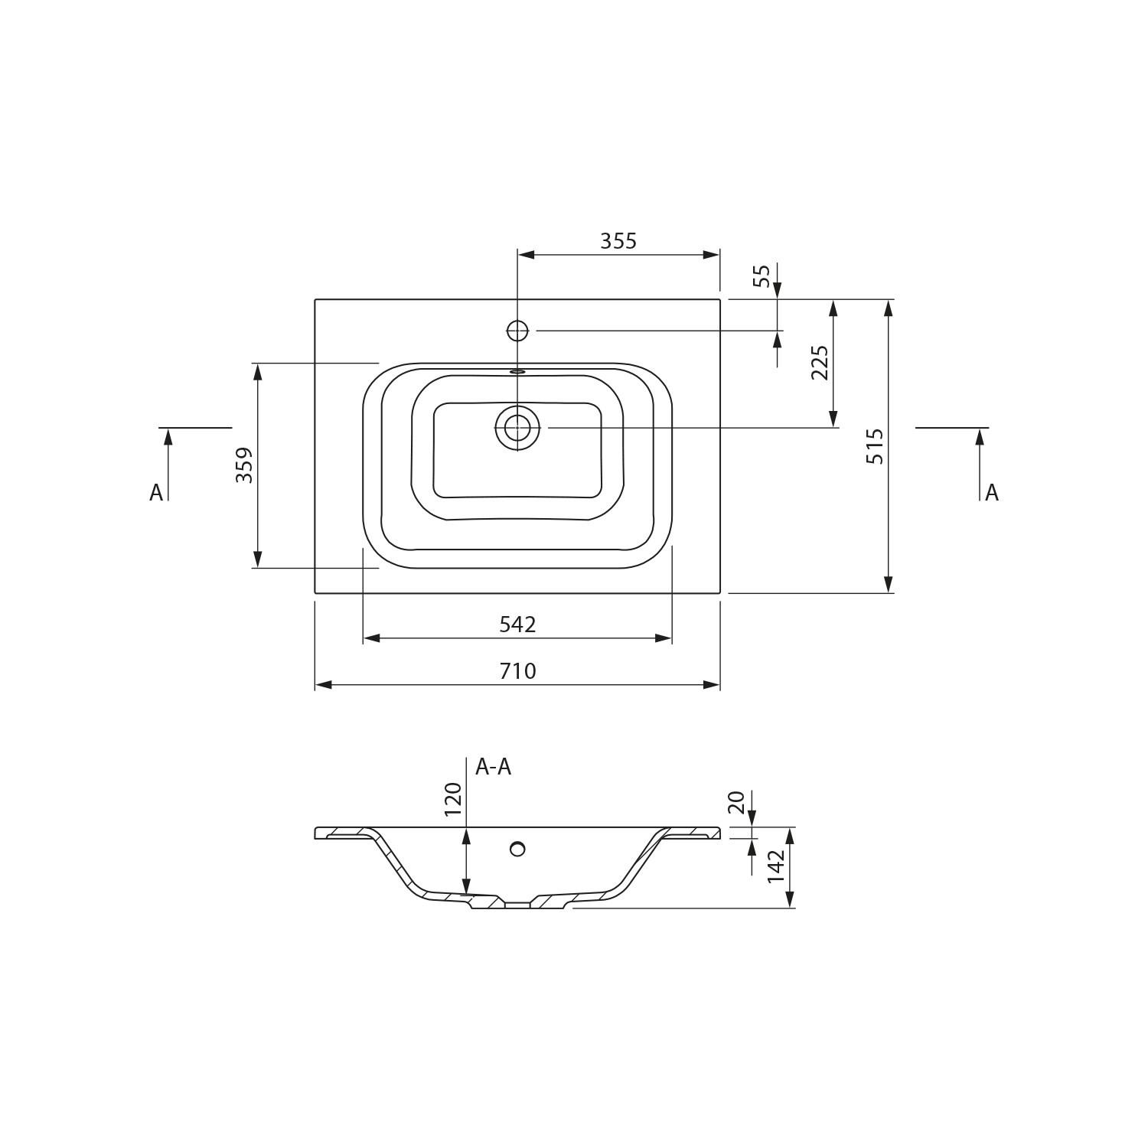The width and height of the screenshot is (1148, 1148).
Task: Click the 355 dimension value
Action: click(618, 241)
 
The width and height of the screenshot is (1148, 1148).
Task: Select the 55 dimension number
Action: click(762, 276)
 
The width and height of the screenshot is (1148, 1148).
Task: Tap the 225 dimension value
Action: click(820, 363)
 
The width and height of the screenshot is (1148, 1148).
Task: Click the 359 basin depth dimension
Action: click(244, 465)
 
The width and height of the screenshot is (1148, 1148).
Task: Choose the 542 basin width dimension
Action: click(517, 625)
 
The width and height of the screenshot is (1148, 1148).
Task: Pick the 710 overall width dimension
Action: click(517, 671)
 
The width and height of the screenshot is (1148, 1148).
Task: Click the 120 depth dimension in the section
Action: click(454, 800)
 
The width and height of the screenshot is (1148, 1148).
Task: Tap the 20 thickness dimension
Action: click(736, 802)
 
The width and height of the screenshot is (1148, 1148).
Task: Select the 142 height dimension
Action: click(776, 867)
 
